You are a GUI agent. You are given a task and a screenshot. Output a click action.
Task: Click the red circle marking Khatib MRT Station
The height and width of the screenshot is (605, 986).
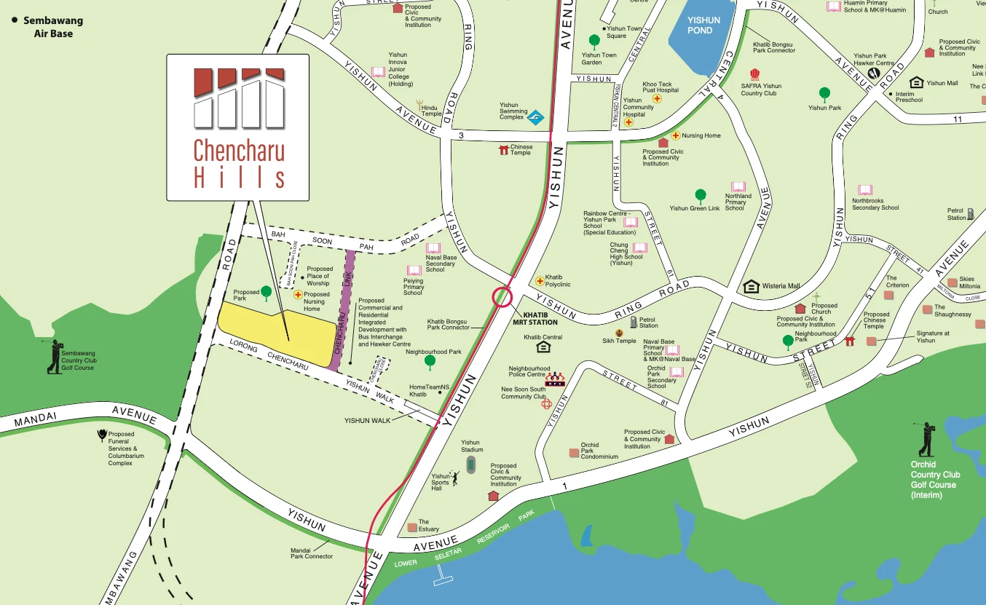coord(502,297)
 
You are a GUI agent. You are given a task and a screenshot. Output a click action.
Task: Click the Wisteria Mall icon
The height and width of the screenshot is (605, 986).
coord(751,286)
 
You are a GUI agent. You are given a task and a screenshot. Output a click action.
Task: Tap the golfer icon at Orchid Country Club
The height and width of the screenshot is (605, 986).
coord(926,439)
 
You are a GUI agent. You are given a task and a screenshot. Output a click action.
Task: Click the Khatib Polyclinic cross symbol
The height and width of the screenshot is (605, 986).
coord(540,281)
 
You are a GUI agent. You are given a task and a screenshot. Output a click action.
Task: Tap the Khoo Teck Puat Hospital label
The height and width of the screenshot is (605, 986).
coord(660,87)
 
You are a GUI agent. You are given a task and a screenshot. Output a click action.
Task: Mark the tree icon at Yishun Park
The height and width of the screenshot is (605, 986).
coord(824,93)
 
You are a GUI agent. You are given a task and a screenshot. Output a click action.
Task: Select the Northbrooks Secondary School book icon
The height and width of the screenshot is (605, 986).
coord(865,190)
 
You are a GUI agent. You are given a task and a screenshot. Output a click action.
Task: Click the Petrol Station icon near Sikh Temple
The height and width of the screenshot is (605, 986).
coord(634,322)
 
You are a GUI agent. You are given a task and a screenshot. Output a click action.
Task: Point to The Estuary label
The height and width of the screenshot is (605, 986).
coord(429,526)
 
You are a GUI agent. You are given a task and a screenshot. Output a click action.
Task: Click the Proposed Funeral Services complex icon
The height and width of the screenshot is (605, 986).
coord(101,436)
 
